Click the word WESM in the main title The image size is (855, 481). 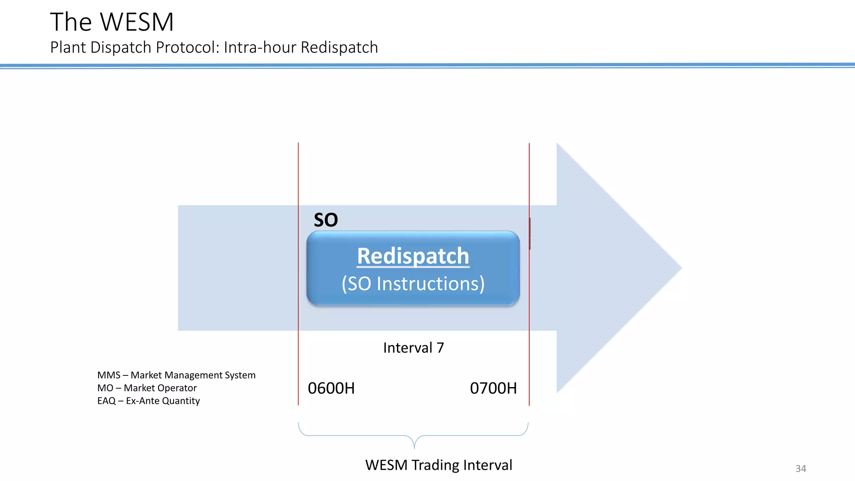137,22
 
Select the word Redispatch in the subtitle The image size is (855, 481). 339,48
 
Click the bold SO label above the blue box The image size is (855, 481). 326,220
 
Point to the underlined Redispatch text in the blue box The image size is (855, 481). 413,256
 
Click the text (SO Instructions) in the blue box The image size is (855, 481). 413,284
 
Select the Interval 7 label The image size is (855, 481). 413,347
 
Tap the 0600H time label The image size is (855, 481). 331,388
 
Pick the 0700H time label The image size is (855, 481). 493,388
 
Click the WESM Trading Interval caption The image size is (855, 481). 439,465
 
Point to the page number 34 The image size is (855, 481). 801,468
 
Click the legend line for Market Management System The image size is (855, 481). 176,375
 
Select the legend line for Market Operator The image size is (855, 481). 147,388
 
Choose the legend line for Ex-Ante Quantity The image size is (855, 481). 149,401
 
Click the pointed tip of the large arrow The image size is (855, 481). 682,268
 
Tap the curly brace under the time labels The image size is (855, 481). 414,436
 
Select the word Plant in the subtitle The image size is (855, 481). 68,47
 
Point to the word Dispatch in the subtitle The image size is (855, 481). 121,48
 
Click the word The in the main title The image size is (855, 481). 71,22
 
